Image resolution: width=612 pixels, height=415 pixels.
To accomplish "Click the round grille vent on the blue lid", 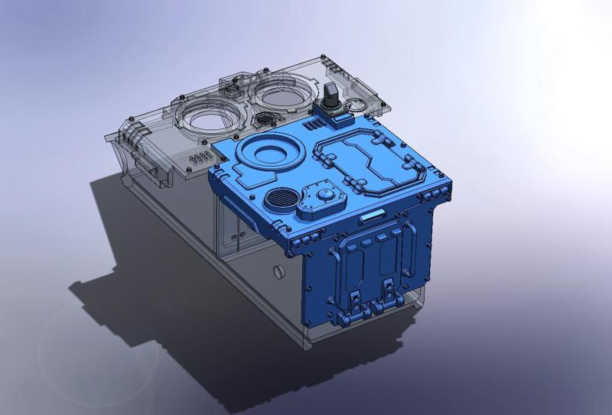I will coord(279,199).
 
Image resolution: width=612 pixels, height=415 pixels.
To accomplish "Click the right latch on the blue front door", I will coord(390,292).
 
